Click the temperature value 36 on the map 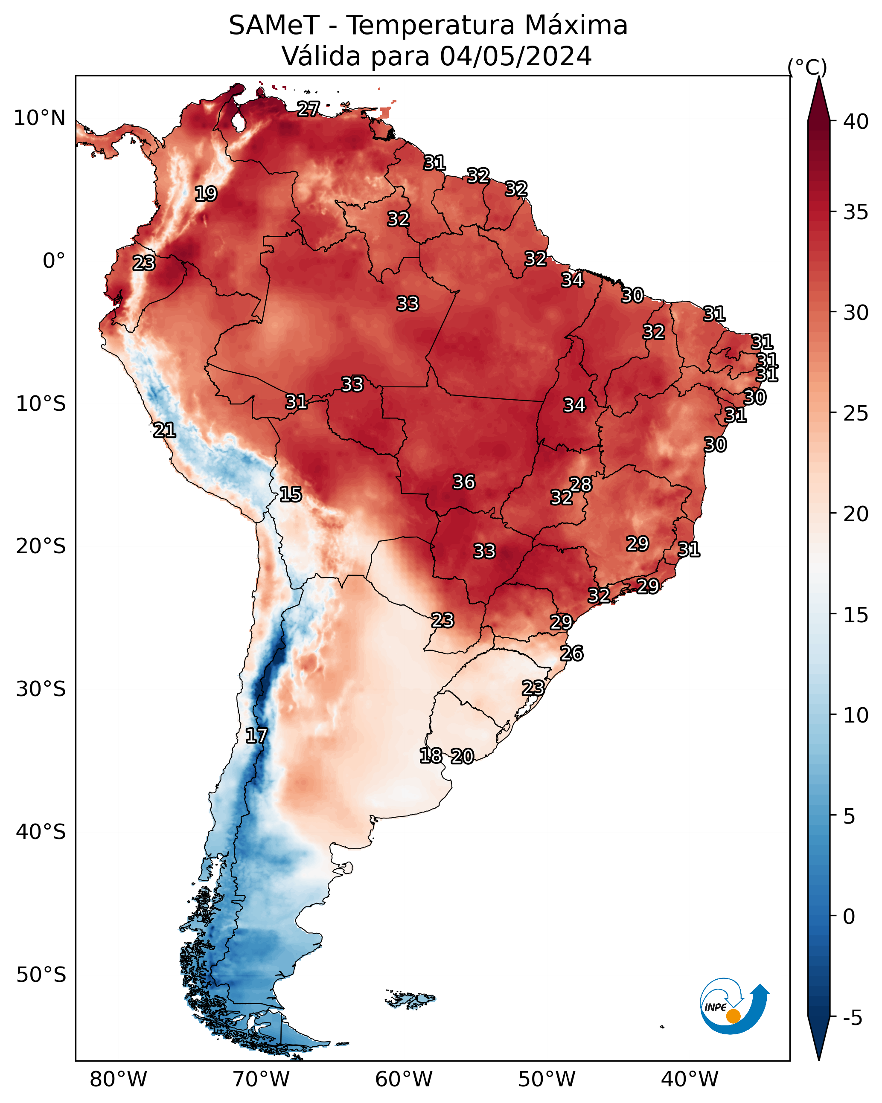pos(464,482)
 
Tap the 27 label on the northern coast pos(309,109)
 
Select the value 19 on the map pos(206,194)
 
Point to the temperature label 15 pos(291,494)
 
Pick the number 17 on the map pos(256,736)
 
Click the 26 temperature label pos(572,653)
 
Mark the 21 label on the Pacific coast pos(164,430)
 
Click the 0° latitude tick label pos(54,261)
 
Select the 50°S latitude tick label pos(41,975)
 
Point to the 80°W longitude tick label pos(118,1079)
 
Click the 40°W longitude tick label pos(690,1079)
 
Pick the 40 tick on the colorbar pos(856,122)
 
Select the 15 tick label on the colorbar pos(856,615)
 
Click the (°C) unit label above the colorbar pos(807,67)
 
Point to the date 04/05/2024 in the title pos(516,56)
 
